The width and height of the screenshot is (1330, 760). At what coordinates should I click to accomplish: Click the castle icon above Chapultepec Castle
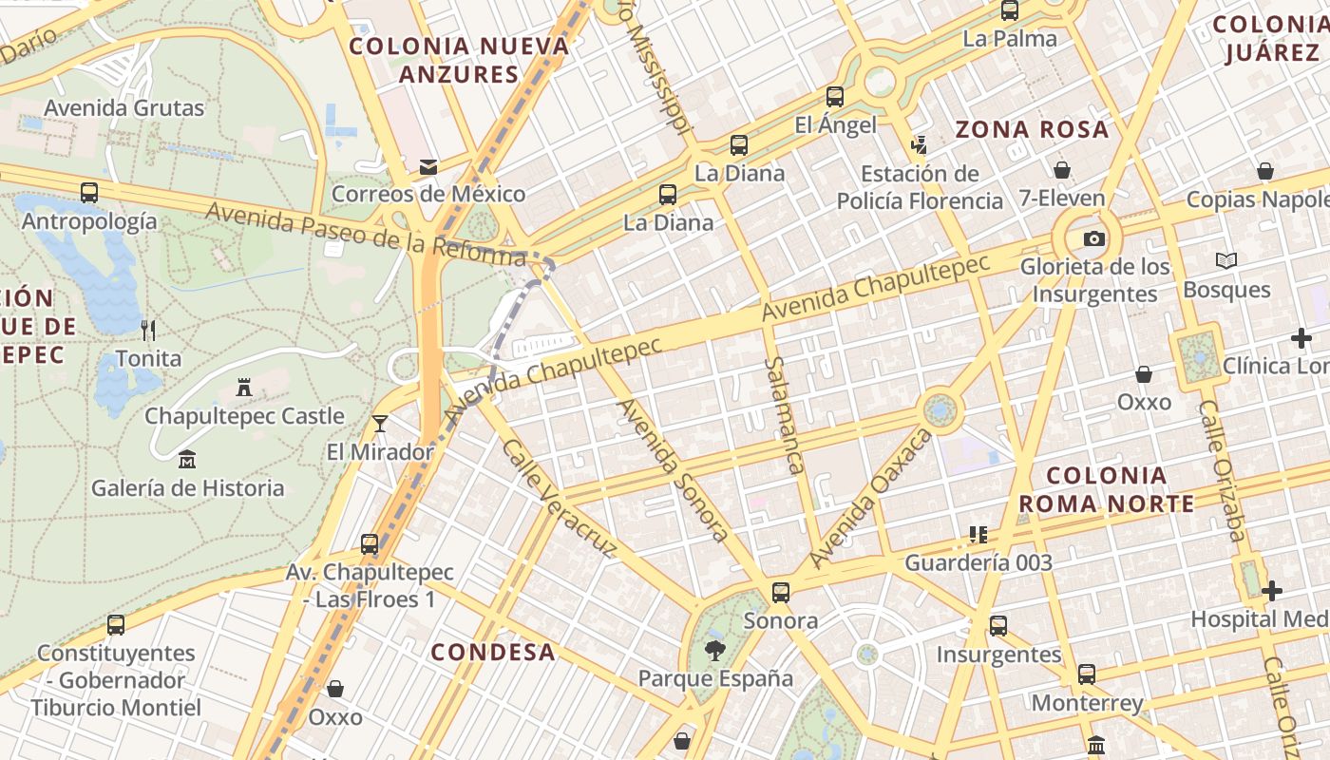pos(244,387)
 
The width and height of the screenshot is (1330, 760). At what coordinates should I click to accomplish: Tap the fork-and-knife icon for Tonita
pos(148,330)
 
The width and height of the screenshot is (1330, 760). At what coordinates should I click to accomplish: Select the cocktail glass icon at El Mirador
pos(380,423)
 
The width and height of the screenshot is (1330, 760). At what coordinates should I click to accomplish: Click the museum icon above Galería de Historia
pos(187,460)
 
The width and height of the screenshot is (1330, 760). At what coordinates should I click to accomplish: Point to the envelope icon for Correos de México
pos(428,167)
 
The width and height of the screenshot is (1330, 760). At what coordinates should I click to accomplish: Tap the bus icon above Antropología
pos(89,192)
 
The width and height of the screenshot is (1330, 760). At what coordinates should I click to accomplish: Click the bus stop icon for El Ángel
pos(834,96)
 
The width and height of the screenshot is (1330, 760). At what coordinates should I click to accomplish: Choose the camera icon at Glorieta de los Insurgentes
pos(1094,238)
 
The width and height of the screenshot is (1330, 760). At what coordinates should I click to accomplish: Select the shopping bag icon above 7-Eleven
pos(1062,170)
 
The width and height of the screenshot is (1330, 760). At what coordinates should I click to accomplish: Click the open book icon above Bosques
pos(1226,260)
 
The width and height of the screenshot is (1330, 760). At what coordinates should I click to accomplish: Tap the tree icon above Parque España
pos(714,651)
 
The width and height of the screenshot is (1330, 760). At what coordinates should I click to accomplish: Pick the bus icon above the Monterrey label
pos(1087,674)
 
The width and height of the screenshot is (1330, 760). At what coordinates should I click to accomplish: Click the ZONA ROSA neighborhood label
pos(1032,129)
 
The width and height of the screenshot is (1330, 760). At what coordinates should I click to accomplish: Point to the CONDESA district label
pos(492,652)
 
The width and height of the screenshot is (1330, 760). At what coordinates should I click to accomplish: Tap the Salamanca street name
pos(786,415)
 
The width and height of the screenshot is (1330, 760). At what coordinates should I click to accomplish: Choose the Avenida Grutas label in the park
pos(123,107)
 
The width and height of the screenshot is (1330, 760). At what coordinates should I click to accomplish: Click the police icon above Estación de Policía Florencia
pos(919,144)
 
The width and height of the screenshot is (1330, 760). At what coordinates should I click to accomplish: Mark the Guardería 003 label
pos(978,562)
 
